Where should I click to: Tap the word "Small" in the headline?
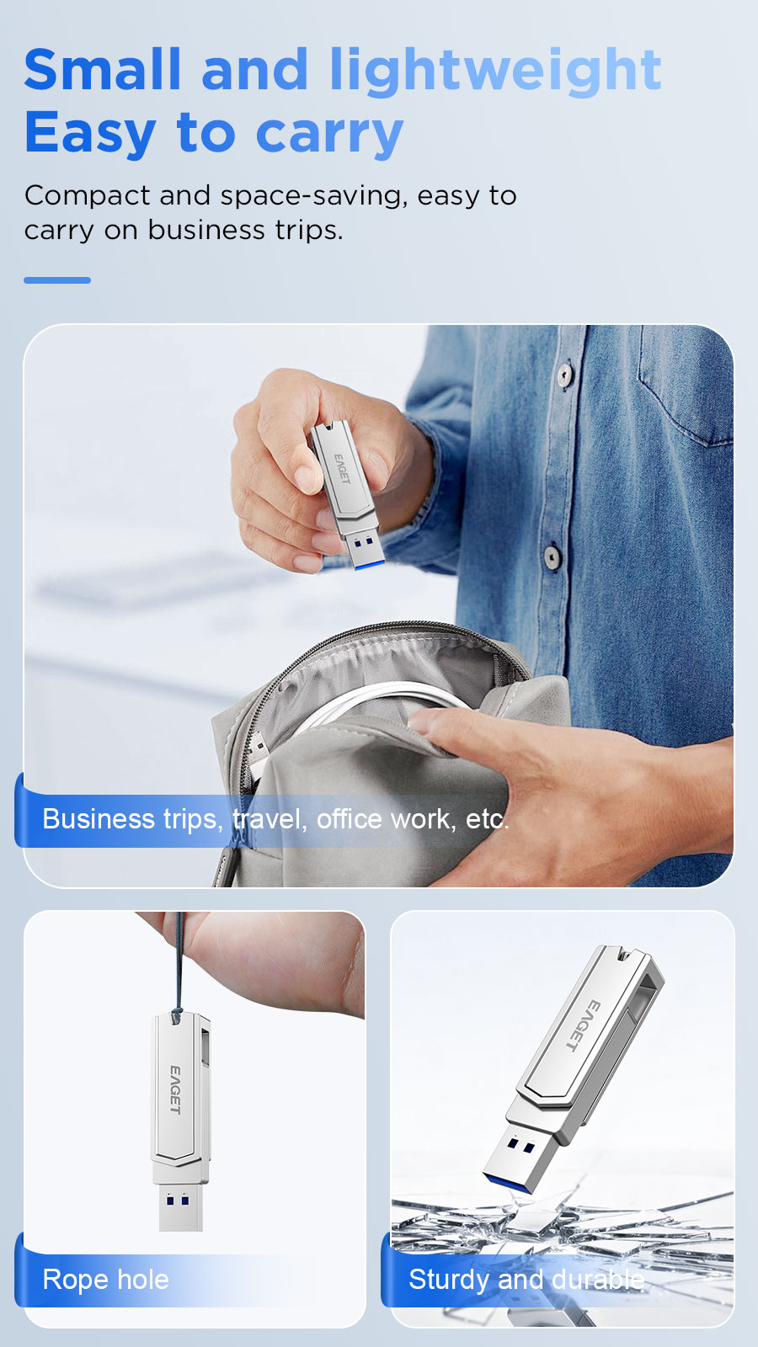click(103, 69)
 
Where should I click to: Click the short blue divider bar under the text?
click(57, 280)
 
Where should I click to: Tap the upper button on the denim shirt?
click(564, 375)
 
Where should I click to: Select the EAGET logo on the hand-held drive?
click(342, 469)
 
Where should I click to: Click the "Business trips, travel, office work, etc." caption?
click(276, 819)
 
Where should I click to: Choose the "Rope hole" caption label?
click(106, 1280)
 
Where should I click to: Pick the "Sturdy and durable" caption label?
click(526, 1280)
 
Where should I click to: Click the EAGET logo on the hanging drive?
click(175, 1089)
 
